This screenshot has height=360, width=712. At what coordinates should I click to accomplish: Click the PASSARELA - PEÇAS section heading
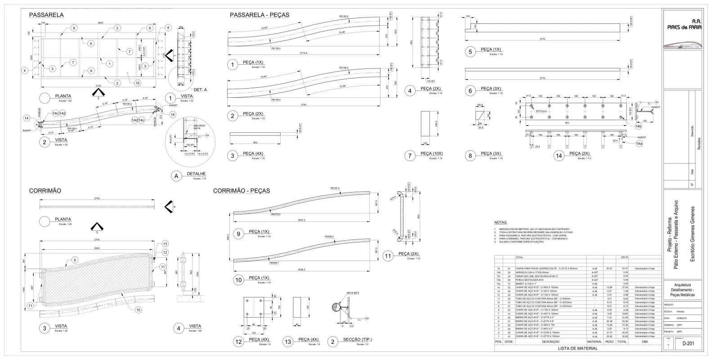260,15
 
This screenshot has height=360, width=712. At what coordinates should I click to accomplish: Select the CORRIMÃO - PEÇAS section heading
241,191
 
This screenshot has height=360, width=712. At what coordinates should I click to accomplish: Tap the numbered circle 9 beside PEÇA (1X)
239,233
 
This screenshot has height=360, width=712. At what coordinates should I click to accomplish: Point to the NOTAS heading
501,223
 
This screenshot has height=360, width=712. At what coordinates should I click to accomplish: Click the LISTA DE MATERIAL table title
578,348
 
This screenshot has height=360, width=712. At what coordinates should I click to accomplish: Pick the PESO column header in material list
609,342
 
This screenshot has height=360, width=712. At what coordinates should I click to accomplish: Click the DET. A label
200,90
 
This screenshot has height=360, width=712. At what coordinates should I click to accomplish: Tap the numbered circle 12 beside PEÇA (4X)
238,342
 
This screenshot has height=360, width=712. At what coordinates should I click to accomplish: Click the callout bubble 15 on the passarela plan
138,83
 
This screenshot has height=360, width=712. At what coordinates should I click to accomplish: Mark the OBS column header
645,342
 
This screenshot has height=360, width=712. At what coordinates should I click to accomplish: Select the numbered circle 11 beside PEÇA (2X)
389,255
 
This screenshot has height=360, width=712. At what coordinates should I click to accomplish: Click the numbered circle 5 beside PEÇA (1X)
470,52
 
